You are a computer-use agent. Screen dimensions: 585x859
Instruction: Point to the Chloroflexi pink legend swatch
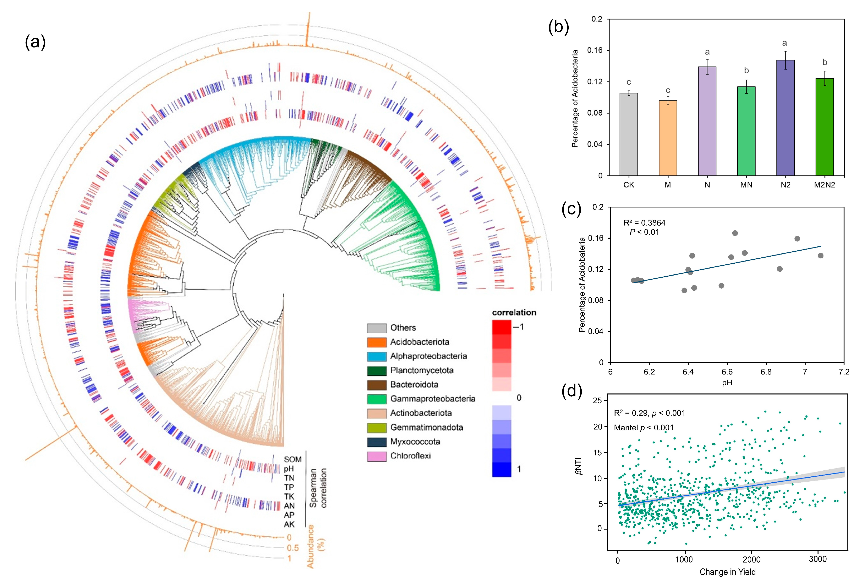[x=377, y=456]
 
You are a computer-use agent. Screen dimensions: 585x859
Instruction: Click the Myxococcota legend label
[x=415, y=442]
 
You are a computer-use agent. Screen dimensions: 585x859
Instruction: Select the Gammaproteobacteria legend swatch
[x=377, y=399]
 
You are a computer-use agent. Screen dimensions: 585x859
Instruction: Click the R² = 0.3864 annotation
[x=644, y=223]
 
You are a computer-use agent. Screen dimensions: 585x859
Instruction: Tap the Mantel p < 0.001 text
[x=643, y=428]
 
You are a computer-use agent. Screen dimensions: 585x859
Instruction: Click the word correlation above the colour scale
[x=514, y=313]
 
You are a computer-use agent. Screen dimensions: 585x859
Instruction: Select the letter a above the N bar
[x=707, y=52]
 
